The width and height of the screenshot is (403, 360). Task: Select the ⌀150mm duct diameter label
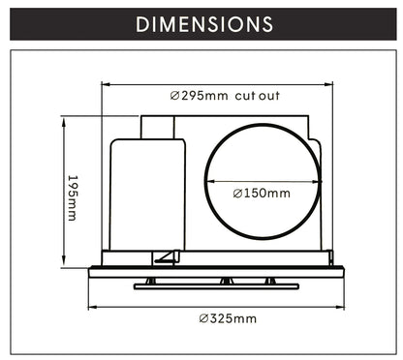click(x=262, y=194)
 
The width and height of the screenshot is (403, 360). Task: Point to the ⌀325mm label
click(x=228, y=318)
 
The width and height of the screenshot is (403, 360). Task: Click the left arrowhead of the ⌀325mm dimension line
click(x=92, y=308)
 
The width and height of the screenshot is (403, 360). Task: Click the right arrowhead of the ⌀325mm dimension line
click(x=343, y=308)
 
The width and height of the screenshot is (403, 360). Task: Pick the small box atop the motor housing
click(x=159, y=128)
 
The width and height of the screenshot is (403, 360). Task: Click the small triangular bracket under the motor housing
click(x=166, y=257)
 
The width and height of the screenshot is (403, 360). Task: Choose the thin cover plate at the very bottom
click(x=216, y=286)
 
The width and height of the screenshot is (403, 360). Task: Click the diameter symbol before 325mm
click(x=203, y=318)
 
